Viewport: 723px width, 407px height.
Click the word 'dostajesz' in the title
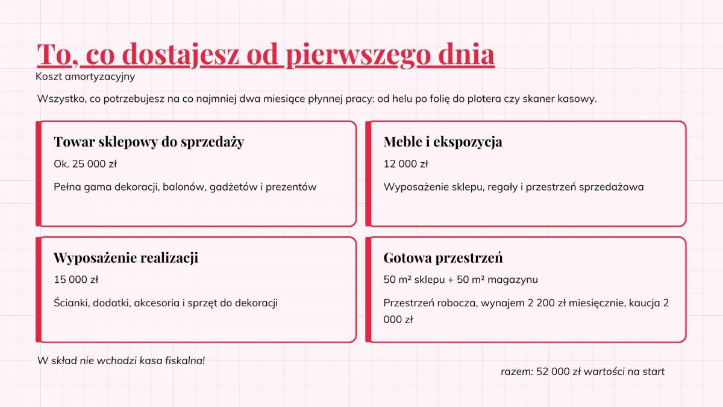pos(180,55)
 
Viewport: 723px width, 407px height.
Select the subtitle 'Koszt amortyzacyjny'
pos(85,77)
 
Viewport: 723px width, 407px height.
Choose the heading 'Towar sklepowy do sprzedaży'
pos(149,142)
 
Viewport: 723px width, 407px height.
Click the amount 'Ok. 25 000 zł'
pos(85,164)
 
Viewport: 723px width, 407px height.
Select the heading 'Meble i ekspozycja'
pos(443,142)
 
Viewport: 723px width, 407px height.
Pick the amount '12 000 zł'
pos(405,164)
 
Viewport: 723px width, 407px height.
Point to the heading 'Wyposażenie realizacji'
pos(126,258)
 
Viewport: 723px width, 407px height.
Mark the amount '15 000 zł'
pos(76,279)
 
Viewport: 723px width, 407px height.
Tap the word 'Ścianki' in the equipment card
pos(72,303)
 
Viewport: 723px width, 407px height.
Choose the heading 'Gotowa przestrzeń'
pos(443,258)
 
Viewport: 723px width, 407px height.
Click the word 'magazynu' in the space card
pos(513,280)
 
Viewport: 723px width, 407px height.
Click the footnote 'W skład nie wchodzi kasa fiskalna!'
pos(121,361)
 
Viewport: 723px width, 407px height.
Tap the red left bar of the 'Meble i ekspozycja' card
pos(368,174)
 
